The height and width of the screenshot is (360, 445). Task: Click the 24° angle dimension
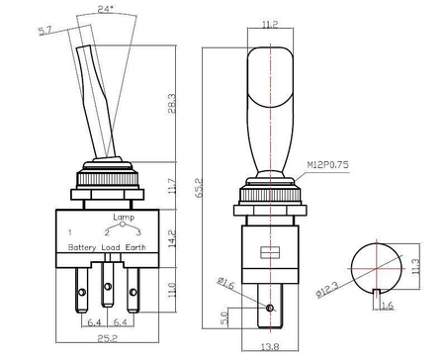[106, 9]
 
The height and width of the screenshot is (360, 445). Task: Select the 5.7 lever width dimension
[45, 32]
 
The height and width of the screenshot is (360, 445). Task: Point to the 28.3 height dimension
[172, 103]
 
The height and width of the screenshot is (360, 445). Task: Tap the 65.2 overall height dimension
[199, 188]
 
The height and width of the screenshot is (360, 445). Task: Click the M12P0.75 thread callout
[327, 164]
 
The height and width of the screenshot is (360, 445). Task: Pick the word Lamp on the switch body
[124, 217]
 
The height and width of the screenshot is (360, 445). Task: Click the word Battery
[82, 247]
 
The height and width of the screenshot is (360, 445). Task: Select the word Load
[111, 247]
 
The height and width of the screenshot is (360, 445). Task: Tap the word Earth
[135, 247]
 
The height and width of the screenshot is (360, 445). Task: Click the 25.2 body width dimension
[108, 338]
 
